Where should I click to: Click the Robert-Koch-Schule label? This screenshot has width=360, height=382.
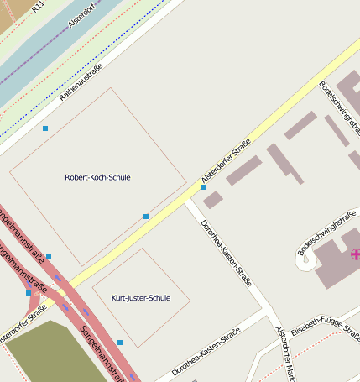[x=97, y=177]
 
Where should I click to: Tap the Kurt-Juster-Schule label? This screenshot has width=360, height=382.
[x=141, y=298]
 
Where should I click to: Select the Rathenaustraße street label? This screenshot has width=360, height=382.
[x=81, y=82]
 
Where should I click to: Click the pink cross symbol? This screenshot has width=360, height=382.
[x=355, y=253]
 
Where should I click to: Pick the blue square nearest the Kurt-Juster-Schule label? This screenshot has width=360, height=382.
[x=120, y=343]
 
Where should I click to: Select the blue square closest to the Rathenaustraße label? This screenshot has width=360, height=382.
[x=45, y=128]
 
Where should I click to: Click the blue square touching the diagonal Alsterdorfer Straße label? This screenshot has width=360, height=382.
[x=203, y=187]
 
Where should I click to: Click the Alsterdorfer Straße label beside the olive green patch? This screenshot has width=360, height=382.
[x=23, y=324]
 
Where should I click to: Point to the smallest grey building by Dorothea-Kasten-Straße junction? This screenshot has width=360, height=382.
[x=213, y=200]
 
